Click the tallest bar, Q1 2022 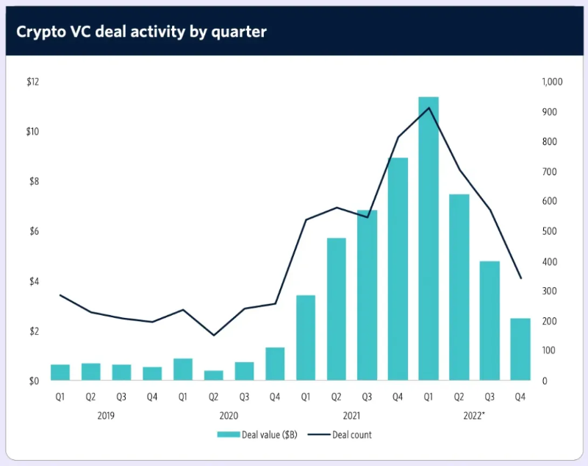click(x=429, y=239)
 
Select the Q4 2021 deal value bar click(x=398, y=269)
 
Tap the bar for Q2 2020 click(x=214, y=375)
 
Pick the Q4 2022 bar click(x=520, y=349)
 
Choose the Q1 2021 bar click(x=306, y=338)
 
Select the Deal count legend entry click(x=345, y=435)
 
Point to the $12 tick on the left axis click(x=32, y=82)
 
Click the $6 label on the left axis click(x=32, y=231)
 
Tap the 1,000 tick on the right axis click(x=552, y=82)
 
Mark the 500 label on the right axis click(x=548, y=231)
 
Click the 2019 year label click(x=106, y=415)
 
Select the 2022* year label click(x=474, y=415)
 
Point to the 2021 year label click(x=351, y=415)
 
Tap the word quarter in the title click(x=237, y=32)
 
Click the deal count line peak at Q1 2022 click(x=429, y=108)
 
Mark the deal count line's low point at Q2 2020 click(x=214, y=336)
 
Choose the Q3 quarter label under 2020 click(x=244, y=397)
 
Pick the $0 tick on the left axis click(x=32, y=381)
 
